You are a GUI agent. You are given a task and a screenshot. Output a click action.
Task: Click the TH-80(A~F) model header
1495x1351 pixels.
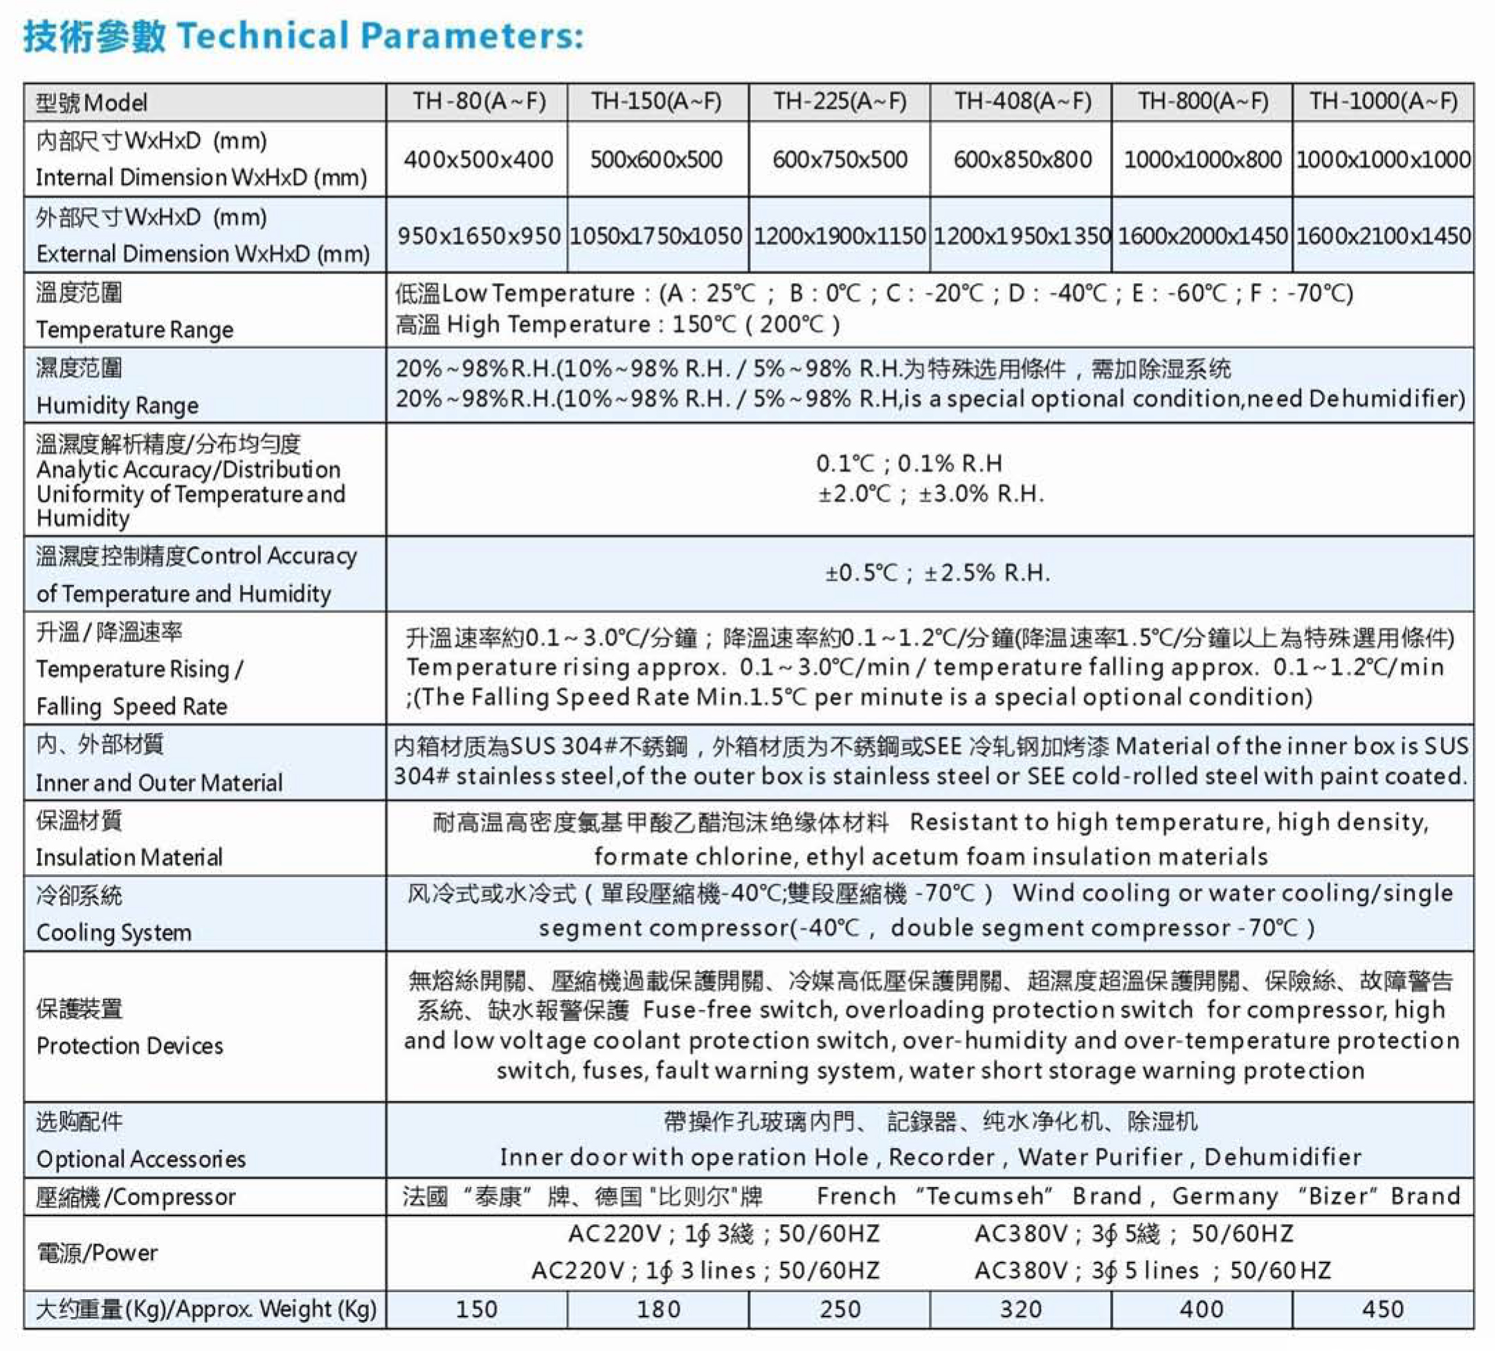point(479,101)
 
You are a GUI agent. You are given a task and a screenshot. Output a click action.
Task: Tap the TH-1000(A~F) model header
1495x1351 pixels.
point(1384,101)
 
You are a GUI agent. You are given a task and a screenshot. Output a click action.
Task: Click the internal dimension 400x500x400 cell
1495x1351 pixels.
point(479,159)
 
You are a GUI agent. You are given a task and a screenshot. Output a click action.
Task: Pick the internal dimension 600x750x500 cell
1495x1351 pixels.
point(840,159)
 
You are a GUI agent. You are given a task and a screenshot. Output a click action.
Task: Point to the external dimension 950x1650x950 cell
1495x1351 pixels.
point(479,236)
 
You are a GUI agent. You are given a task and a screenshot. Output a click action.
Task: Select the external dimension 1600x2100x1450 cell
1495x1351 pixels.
point(1384,236)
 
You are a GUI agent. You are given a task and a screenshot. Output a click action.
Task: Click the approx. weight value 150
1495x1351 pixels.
point(477,1309)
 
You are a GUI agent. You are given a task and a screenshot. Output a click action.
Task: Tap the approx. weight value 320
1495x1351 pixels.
point(1021,1309)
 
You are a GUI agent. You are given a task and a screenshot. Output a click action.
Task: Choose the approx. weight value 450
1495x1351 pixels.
point(1383,1309)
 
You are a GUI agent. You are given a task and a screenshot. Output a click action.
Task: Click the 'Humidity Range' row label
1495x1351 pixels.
point(117,406)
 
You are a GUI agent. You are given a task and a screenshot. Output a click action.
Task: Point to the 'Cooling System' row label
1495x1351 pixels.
point(114,932)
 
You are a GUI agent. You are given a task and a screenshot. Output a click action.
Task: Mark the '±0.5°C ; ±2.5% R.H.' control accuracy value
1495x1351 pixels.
point(937,573)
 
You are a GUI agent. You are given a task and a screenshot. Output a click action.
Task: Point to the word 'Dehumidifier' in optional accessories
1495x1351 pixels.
point(1283,1157)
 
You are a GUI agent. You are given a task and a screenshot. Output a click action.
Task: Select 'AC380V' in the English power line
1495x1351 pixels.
point(1020,1271)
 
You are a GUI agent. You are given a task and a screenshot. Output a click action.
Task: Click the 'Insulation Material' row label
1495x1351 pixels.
point(129,857)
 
